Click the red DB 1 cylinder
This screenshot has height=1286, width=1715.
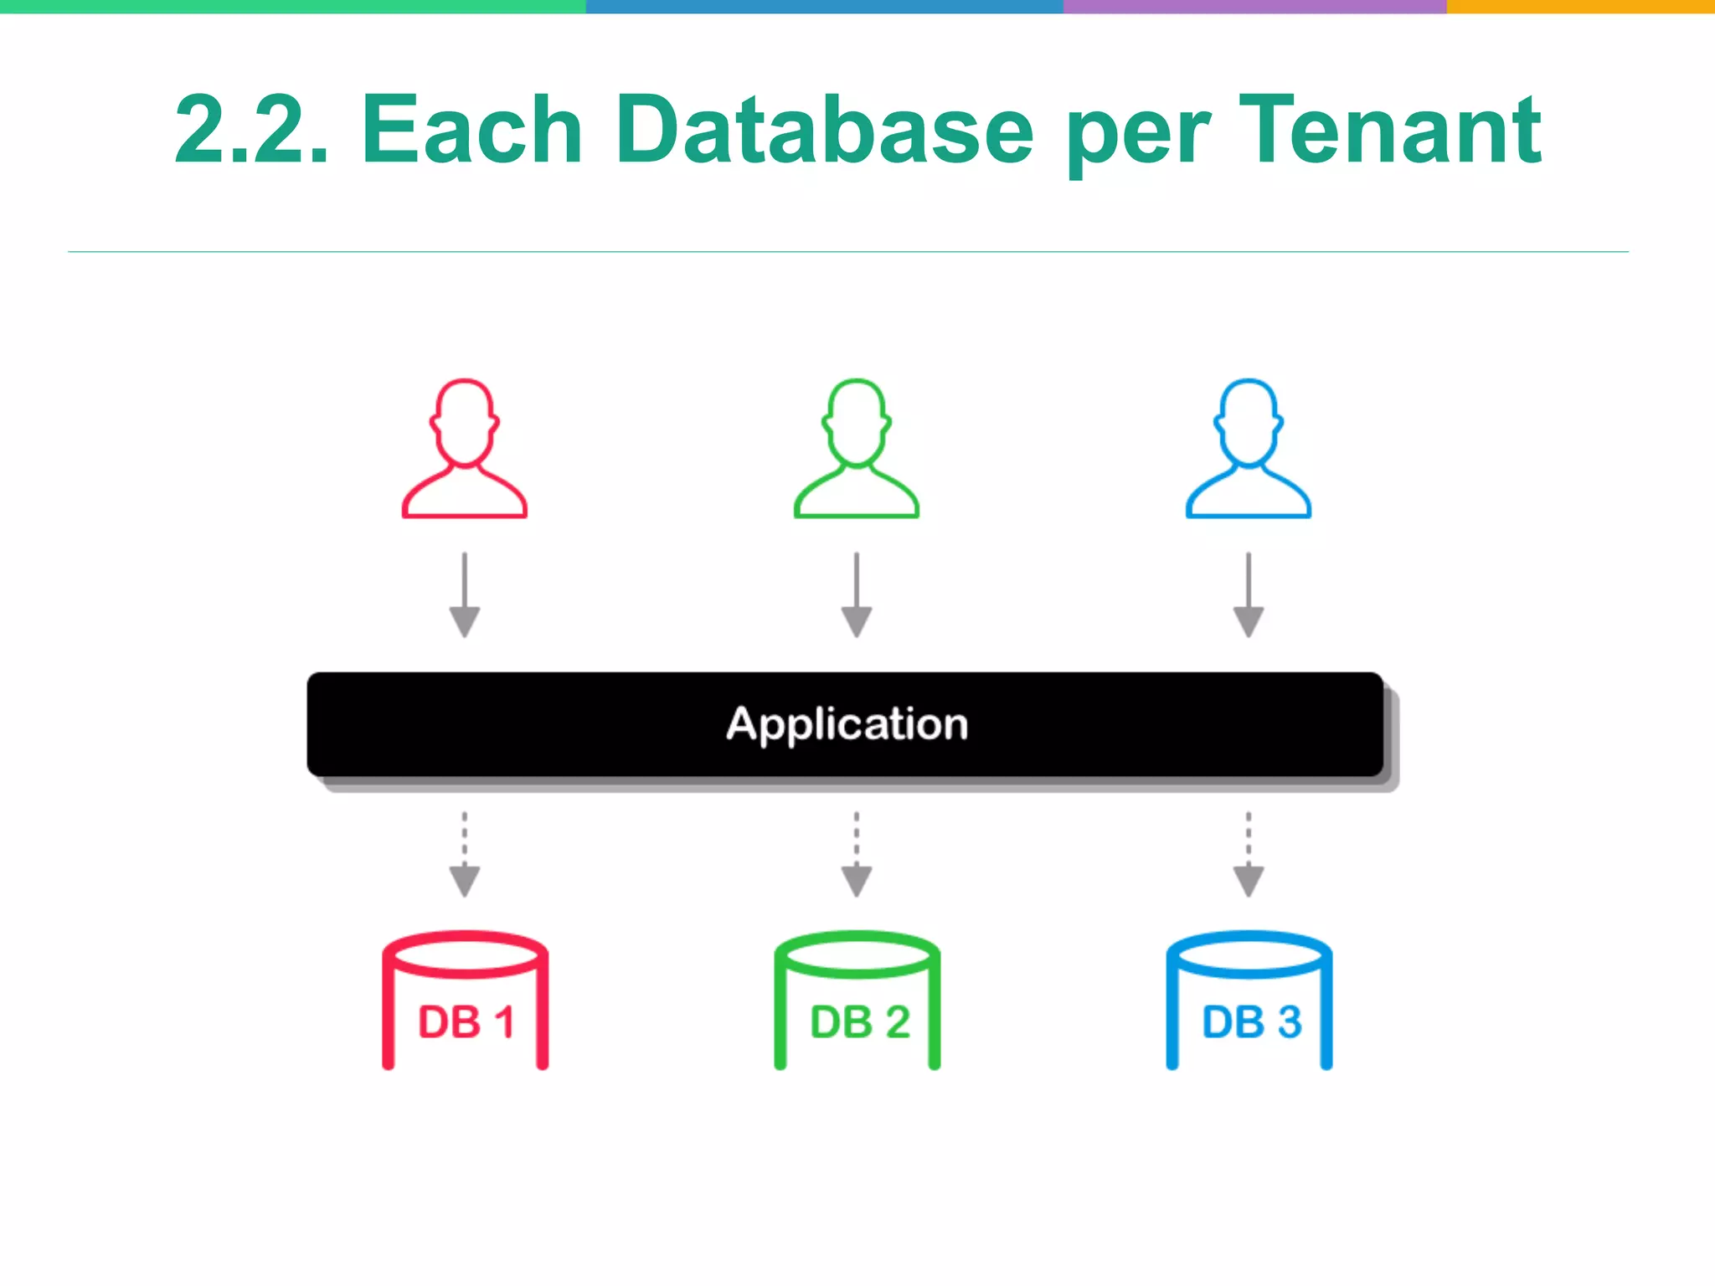(x=466, y=1001)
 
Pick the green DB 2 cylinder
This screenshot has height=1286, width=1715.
(x=857, y=1001)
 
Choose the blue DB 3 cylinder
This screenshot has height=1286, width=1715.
(x=1249, y=1001)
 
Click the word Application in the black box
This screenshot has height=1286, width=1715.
(x=847, y=724)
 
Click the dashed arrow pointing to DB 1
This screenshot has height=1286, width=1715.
(x=465, y=855)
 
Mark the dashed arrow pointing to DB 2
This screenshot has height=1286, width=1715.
(x=857, y=855)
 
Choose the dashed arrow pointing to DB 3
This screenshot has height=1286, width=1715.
(x=1249, y=855)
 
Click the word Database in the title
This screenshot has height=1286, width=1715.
(x=825, y=130)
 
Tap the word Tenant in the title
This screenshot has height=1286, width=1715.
(x=1390, y=130)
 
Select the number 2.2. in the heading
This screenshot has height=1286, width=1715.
(x=252, y=130)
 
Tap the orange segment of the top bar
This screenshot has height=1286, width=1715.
(x=1580, y=6)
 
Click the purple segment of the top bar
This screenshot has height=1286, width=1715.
(x=1254, y=6)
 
